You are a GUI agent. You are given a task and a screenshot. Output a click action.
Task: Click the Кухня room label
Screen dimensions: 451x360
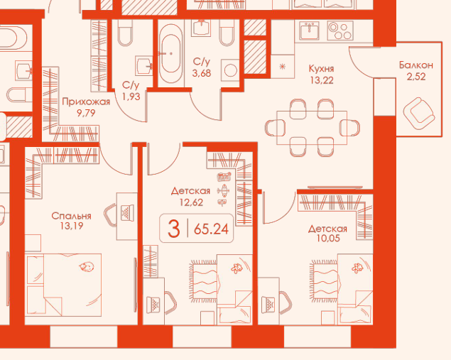tap(321, 69)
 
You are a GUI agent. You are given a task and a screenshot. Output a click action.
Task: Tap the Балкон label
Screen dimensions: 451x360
tap(416, 65)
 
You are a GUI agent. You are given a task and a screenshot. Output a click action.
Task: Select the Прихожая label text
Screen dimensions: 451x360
tap(86, 102)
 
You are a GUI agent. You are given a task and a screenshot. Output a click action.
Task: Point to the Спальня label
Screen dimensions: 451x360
tap(71, 216)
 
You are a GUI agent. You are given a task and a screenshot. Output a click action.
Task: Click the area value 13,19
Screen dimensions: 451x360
tap(72, 226)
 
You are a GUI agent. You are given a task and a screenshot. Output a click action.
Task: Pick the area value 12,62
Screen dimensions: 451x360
tap(191, 202)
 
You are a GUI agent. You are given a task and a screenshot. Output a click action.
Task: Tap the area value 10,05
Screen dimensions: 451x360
tap(328, 238)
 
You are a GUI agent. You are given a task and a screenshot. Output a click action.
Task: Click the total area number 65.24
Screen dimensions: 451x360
tap(212, 229)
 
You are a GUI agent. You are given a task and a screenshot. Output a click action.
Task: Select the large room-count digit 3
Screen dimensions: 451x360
tap(174, 229)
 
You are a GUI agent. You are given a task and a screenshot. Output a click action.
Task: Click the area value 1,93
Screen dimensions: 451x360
tap(131, 97)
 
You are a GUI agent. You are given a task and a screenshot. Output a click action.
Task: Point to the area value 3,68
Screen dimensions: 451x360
tap(202, 73)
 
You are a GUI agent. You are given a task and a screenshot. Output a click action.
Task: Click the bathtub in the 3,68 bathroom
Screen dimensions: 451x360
tap(171, 53)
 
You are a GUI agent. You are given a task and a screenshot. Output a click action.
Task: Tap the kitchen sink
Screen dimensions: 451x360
tap(310, 31)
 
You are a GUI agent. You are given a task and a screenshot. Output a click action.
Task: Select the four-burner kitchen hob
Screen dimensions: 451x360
tap(340, 31)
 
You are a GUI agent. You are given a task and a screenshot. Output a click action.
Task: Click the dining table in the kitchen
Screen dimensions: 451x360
tap(312, 128)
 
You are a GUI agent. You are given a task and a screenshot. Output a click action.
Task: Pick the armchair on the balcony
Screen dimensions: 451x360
tap(419, 114)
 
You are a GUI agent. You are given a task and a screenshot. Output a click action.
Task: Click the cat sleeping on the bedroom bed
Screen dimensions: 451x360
tap(87, 267)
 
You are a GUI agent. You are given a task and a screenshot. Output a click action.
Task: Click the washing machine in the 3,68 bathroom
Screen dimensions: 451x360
tap(230, 70)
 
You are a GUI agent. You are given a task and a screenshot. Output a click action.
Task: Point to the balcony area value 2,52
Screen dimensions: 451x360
tap(416, 77)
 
